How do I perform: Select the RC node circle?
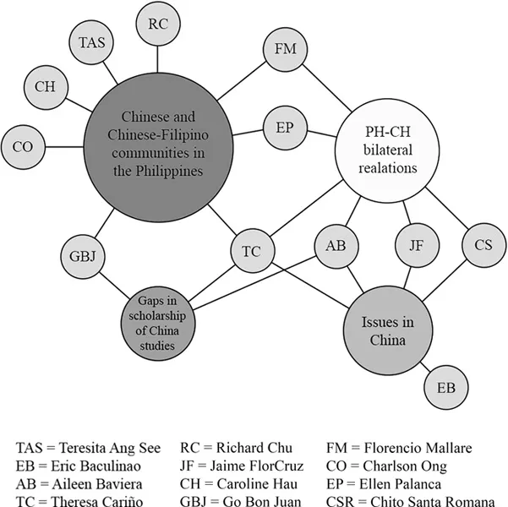[157, 24]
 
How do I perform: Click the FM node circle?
[286, 49]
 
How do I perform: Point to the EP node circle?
[285, 128]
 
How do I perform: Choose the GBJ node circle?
[82, 253]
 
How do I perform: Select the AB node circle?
[335, 247]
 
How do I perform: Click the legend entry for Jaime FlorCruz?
[239, 465]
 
